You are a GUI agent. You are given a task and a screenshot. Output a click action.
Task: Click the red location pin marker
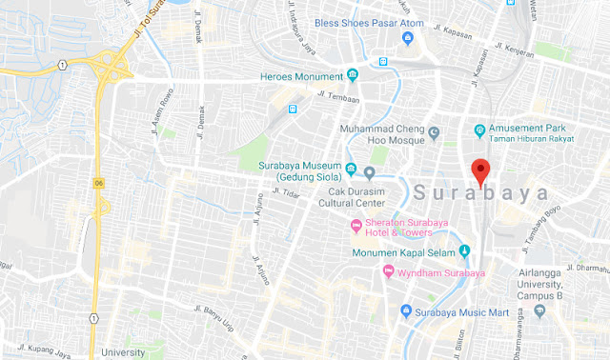point(481,171)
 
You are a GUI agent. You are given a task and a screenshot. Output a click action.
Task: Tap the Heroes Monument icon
point(353,75)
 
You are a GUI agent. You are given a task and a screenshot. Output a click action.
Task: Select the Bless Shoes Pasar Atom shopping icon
point(408,37)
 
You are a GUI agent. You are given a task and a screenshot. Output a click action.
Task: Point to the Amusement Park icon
point(480,130)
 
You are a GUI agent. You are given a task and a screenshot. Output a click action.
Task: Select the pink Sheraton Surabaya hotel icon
point(356,226)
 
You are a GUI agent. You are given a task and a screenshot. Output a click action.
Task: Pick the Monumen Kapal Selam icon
point(465,251)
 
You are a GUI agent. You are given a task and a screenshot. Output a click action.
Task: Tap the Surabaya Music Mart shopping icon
point(406,310)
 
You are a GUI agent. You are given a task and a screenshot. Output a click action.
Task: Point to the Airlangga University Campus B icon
point(539,310)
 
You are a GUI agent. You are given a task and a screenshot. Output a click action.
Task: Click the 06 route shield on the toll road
point(98,181)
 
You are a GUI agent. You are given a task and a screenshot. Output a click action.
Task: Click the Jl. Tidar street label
point(285,194)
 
